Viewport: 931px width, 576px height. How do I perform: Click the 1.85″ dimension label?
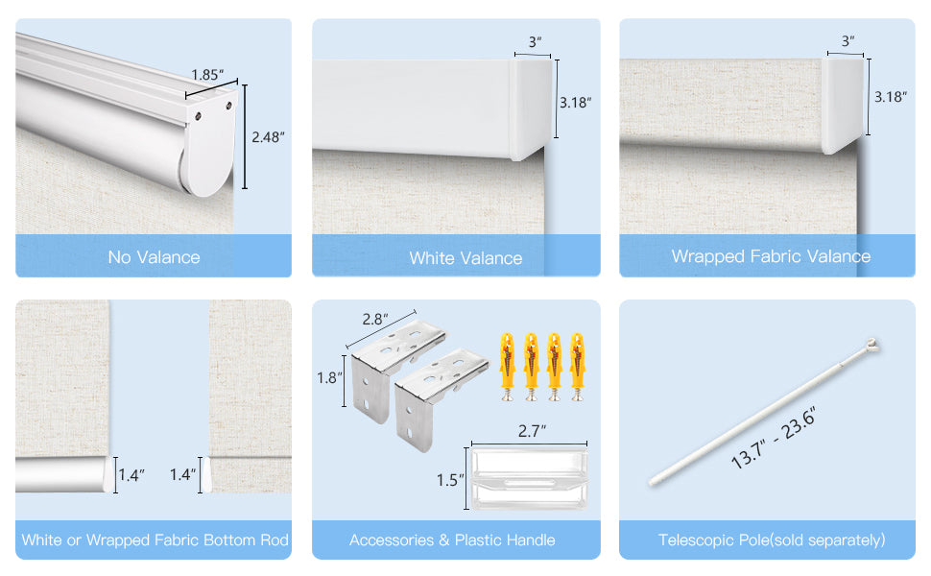click(207, 75)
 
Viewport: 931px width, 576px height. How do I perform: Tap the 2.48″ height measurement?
click(268, 137)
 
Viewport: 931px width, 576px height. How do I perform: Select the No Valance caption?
click(154, 257)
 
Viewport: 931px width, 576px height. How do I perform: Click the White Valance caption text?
click(465, 258)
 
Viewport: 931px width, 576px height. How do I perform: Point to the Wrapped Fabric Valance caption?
click(771, 256)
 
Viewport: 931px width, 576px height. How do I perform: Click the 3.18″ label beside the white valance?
click(575, 103)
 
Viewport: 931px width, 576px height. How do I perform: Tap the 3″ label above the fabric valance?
click(847, 41)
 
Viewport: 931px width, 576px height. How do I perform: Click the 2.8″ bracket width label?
click(375, 319)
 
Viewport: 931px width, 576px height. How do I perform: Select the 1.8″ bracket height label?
click(329, 377)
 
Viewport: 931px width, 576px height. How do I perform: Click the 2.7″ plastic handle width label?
click(532, 430)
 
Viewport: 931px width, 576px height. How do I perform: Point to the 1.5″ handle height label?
click(450, 480)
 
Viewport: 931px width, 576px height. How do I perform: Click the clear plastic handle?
click(530, 478)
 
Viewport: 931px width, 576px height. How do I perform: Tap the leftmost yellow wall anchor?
click(508, 367)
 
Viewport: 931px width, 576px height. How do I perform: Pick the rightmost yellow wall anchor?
click(577, 367)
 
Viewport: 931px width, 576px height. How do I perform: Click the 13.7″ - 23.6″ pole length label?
click(773, 438)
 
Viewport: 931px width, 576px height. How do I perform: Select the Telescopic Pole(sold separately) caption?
click(772, 540)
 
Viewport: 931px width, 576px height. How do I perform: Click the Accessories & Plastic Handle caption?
click(452, 540)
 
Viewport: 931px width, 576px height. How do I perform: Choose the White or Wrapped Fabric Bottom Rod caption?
click(155, 540)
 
